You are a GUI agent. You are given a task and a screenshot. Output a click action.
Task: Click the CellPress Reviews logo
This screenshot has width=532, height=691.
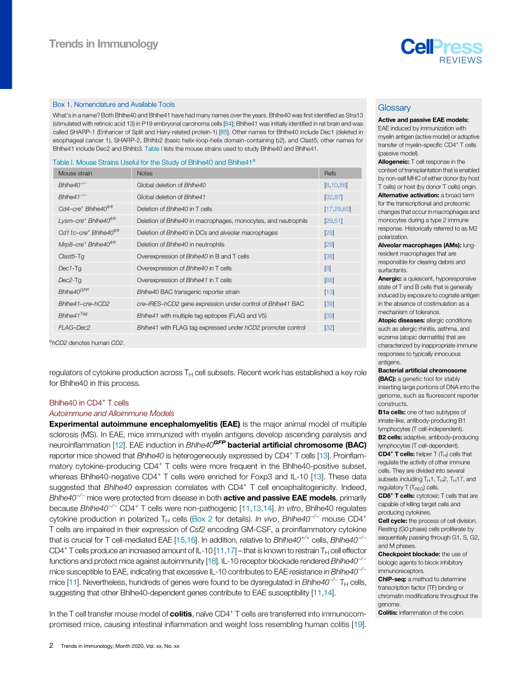coord(441,52)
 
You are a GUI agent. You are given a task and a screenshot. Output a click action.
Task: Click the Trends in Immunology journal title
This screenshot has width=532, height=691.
coord(104,44)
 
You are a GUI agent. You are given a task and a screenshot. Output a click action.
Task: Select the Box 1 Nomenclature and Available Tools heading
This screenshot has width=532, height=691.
coord(114,105)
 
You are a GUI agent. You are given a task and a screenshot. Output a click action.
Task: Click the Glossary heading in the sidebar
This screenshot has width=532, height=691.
coord(394,108)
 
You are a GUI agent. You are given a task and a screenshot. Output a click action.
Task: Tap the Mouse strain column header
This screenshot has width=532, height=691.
coord(75,174)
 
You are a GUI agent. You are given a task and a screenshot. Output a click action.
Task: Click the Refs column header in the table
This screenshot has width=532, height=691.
coord(330,174)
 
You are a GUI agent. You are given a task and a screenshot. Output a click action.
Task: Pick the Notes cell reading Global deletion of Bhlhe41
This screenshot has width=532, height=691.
coord(171,197)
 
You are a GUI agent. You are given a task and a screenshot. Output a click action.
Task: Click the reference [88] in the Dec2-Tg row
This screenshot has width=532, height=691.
coord(329,280)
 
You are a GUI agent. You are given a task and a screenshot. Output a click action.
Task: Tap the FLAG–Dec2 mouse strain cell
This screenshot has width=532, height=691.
coord(74,328)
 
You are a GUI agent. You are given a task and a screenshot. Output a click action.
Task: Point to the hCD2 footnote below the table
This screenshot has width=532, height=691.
coord(86,343)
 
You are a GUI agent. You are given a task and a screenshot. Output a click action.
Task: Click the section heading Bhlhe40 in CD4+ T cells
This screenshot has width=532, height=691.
coord(89,403)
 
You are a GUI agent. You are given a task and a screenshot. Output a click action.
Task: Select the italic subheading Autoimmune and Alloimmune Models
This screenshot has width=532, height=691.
coord(111,413)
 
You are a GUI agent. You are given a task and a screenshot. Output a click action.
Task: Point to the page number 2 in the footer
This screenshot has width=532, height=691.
coord(52,646)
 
